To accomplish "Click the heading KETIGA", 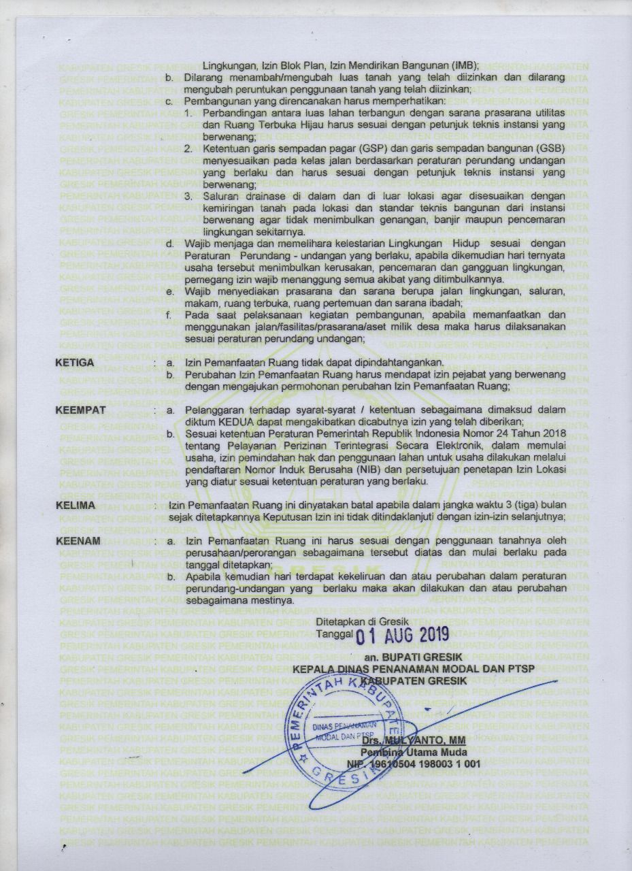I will tap(75, 363).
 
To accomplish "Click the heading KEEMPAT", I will tap(80, 410).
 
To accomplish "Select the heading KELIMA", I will tap(75, 504).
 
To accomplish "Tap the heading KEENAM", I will tap(78, 541).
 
